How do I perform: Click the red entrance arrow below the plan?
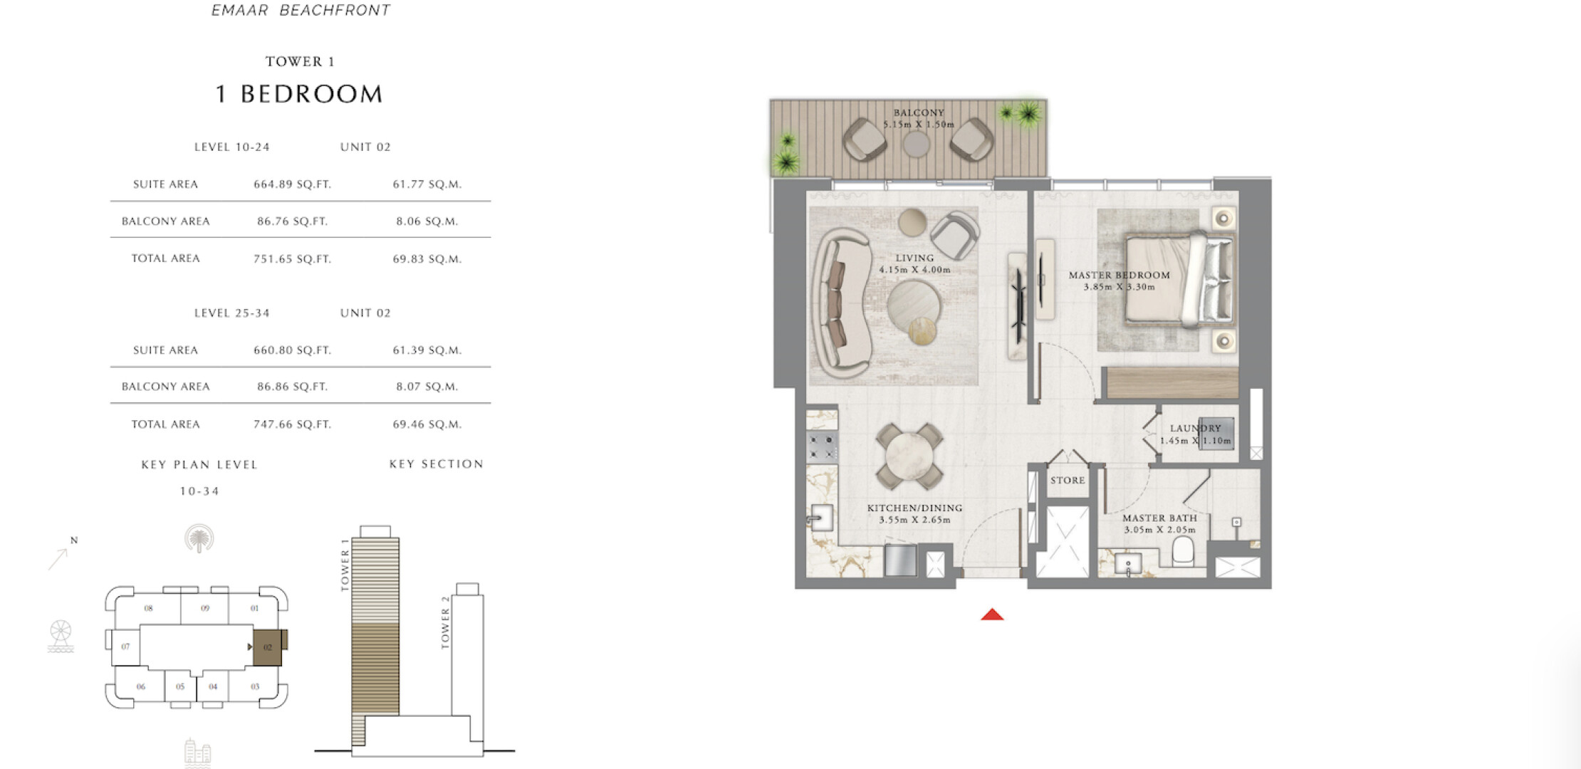992,614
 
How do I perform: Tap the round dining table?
909,455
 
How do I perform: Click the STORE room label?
1068,481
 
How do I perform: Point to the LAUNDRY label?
1195,429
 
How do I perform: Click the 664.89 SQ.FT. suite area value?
293,184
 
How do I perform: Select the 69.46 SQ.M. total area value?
427,424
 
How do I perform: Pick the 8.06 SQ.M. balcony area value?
427,221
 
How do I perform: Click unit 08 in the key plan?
148,609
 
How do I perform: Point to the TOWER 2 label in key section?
446,622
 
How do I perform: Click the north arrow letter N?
74,540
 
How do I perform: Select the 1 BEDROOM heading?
299,94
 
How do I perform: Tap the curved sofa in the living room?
840,303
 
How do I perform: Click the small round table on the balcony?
917,145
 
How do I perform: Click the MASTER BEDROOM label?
1119,276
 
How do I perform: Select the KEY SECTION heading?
437,464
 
